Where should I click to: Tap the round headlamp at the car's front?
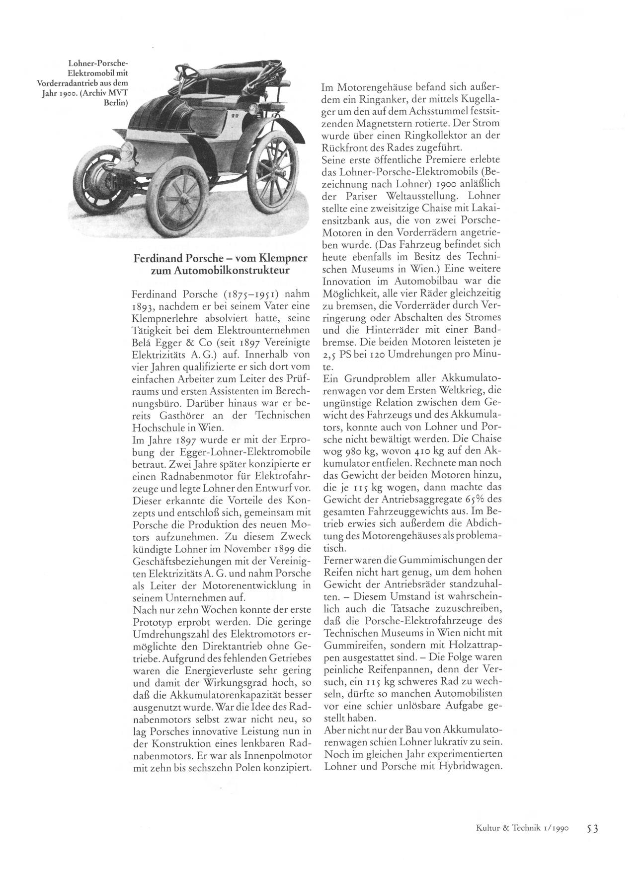pyautogui.click(x=129, y=149)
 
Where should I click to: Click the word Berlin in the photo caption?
pyautogui.click(x=116, y=103)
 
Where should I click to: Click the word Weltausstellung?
pyautogui.click(x=415, y=195)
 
